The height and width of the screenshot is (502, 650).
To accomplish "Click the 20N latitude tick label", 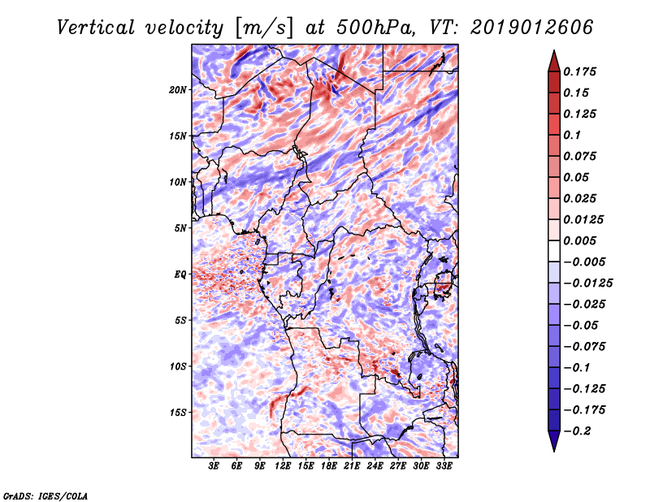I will click(x=178, y=89).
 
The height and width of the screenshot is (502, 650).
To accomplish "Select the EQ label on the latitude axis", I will click(x=180, y=275).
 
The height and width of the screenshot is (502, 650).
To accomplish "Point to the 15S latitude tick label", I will click(x=178, y=413).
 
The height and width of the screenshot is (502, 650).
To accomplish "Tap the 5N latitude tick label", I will click(x=180, y=228).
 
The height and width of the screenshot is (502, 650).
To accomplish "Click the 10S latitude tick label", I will click(x=178, y=366).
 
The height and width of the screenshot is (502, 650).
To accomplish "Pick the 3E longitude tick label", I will click(x=214, y=466).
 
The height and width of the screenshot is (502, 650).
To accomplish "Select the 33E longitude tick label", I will click(x=444, y=466).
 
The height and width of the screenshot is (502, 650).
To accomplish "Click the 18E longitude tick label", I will click(x=329, y=466).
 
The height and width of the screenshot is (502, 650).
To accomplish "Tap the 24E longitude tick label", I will click(x=375, y=466).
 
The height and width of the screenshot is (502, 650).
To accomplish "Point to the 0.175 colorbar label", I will click(x=582, y=71).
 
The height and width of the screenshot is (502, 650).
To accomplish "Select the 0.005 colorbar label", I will click(x=582, y=240).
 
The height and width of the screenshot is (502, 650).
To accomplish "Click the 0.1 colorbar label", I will click(x=574, y=135).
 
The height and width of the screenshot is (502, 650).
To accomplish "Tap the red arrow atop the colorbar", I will click(x=552, y=60).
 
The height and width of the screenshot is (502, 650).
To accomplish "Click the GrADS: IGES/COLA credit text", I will click(x=45, y=495).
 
